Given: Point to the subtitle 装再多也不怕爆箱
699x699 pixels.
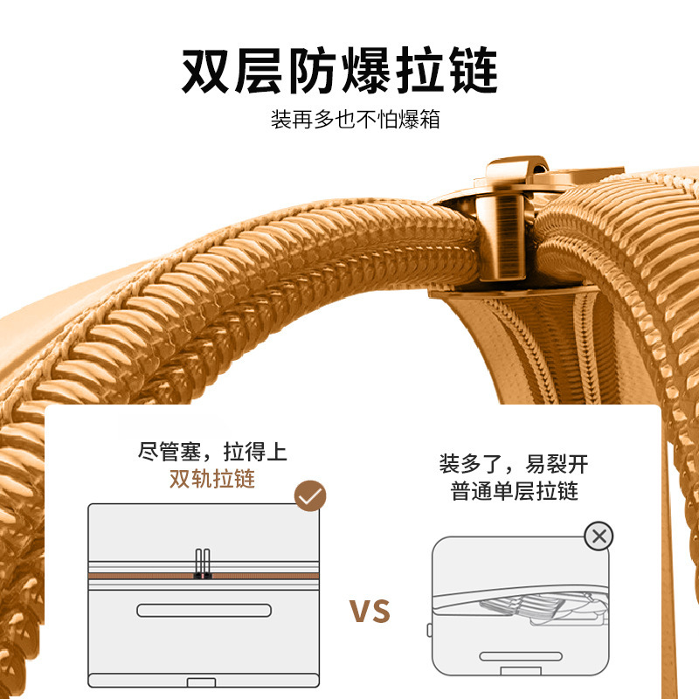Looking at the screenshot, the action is coord(355,120).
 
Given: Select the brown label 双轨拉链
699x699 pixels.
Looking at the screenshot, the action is coord(212,479).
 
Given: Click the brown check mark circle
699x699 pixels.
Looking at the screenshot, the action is coord(310,496).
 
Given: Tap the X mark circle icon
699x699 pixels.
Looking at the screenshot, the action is coord(599,536).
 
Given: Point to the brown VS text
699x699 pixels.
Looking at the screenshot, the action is coord(370,612).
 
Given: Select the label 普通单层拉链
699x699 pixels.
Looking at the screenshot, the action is coord(515,491).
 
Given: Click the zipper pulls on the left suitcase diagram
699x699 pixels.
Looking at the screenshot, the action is coord(203,564).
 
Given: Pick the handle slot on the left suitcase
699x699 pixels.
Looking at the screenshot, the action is coord(203,610).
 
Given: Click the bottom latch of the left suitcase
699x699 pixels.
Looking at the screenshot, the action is coord(204,682).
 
